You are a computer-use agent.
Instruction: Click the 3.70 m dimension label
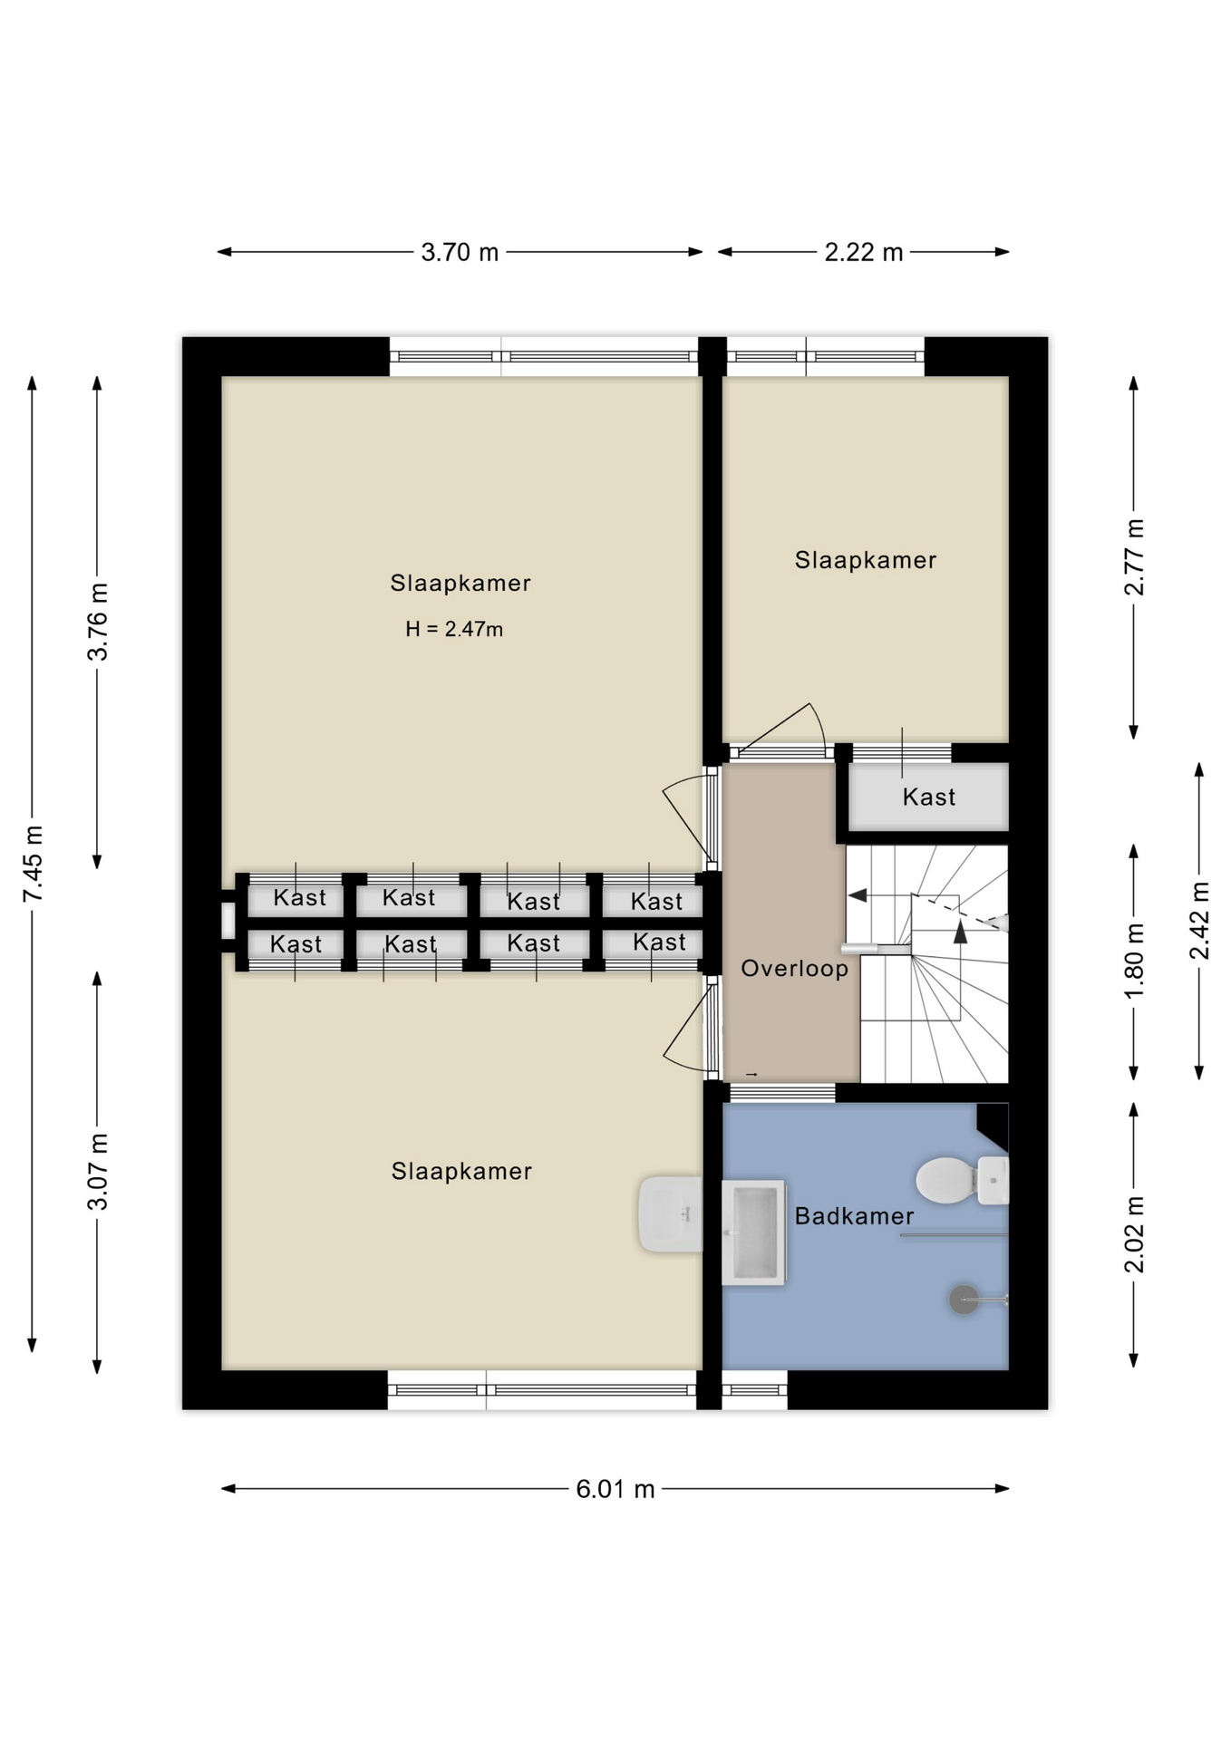click(460, 252)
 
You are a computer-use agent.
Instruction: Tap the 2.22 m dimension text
click(863, 252)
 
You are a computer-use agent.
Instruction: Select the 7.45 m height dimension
click(33, 864)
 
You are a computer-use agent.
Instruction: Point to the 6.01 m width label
click(615, 1489)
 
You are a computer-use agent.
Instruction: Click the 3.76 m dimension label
click(98, 622)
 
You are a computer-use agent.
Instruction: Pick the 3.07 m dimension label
click(98, 1171)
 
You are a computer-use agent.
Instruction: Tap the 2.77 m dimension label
click(1134, 557)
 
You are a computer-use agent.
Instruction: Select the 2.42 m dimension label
click(1199, 921)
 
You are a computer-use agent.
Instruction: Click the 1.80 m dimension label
click(1134, 961)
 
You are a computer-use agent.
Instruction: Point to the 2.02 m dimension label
click(1134, 1234)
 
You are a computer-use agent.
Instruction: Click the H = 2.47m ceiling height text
click(454, 629)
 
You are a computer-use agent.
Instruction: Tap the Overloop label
click(795, 969)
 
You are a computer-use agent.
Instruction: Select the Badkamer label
click(855, 1216)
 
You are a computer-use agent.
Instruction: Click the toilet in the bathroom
click(962, 1180)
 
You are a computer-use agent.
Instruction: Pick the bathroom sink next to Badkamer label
click(753, 1232)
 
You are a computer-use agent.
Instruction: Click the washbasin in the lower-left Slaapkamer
click(671, 1214)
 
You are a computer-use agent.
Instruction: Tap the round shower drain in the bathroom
click(964, 1300)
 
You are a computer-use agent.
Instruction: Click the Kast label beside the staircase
click(929, 797)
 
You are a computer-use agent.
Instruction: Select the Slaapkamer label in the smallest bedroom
click(866, 560)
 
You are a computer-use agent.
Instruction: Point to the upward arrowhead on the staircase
click(961, 932)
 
